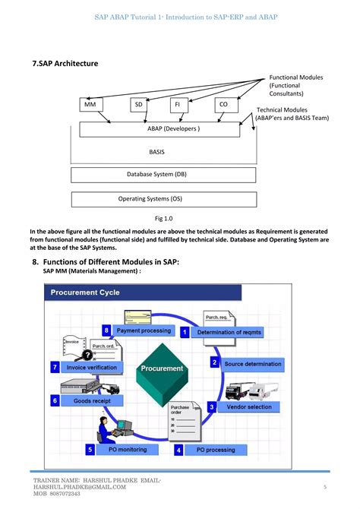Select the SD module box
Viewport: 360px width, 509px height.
pyautogui.click(x=139, y=105)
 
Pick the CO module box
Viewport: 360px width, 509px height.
pyautogui.click(x=223, y=105)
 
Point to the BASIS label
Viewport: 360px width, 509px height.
pyautogui.click(x=157, y=152)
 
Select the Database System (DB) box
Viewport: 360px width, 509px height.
pyautogui.click(x=156, y=175)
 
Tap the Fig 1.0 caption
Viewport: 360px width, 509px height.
pyautogui.click(x=165, y=217)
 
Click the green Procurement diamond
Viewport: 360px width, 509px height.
pyautogui.click(x=162, y=368)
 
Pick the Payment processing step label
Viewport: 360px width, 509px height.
pyautogui.click(x=144, y=331)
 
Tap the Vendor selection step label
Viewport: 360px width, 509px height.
pyautogui.click(x=248, y=407)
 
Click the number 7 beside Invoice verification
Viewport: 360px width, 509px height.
pyautogui.click(x=55, y=367)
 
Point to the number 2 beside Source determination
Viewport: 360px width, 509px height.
pyautogui.click(x=215, y=363)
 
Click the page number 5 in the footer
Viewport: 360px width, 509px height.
pyautogui.click(x=325, y=487)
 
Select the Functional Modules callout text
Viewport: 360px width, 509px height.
pyautogui.click(x=296, y=85)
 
